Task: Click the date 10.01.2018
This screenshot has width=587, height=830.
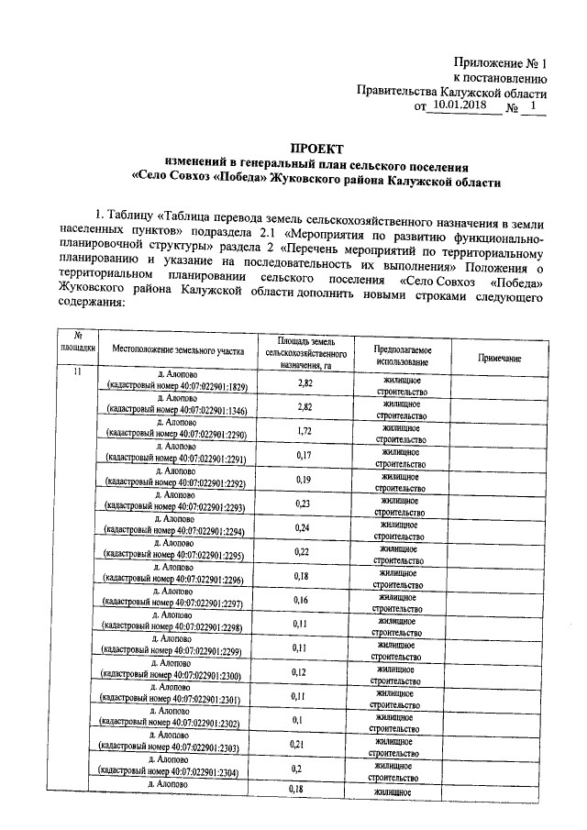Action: pyautogui.click(x=459, y=105)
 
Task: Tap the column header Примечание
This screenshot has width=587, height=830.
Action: pyautogui.click(x=499, y=359)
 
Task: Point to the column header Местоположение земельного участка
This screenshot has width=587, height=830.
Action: pyautogui.click(x=178, y=350)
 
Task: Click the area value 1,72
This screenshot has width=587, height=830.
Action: pyautogui.click(x=306, y=429)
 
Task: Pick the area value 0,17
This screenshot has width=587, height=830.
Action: pyautogui.click(x=306, y=455)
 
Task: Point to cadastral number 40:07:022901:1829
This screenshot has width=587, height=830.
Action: pyautogui.click(x=175, y=387)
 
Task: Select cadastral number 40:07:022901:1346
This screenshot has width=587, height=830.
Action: pyautogui.click(x=175, y=411)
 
